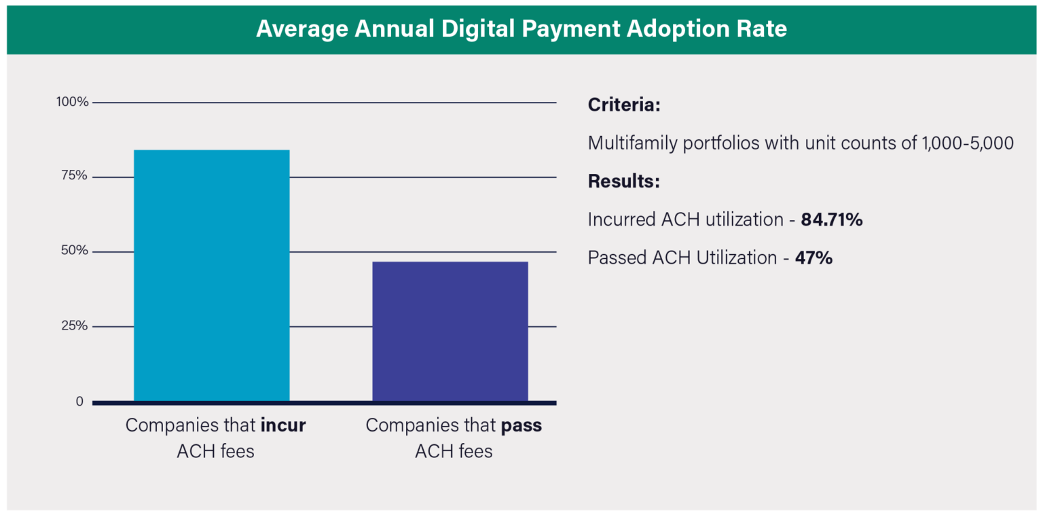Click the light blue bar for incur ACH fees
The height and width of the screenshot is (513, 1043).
coord(212,275)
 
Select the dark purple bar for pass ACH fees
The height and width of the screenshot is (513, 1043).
coord(450,331)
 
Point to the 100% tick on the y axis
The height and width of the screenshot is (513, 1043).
coord(72,103)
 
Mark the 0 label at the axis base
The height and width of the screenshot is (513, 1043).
coord(80,402)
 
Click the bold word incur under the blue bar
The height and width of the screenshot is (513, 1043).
coord(283,426)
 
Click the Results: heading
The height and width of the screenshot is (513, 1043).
coord(624,182)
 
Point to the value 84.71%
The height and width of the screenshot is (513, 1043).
coord(832,220)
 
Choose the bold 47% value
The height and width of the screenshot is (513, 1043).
coord(813,258)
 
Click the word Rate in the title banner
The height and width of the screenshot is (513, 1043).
coord(761,29)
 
